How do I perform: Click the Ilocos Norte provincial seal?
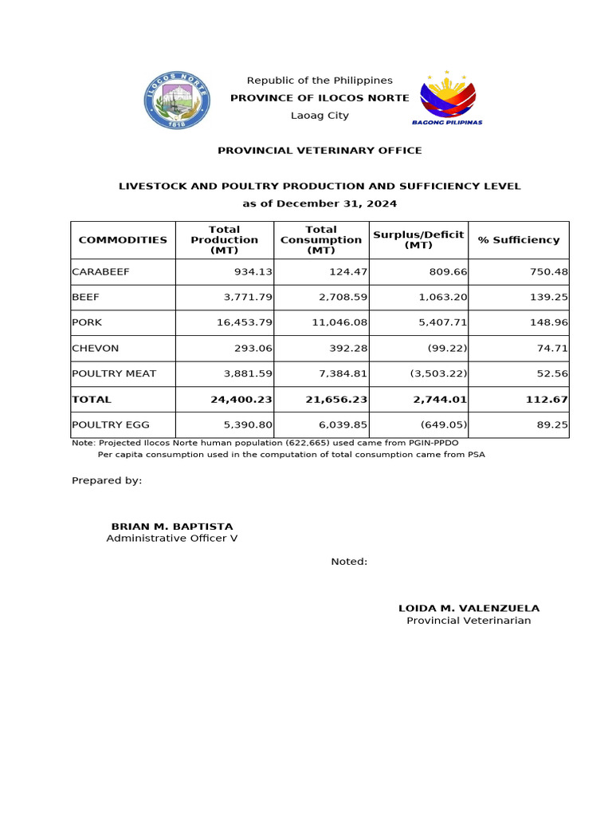pos(177,100)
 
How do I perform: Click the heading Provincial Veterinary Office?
pos(320,151)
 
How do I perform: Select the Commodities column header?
pos(123,240)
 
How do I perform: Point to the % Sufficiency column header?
pos(519,240)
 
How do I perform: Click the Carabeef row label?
pos(100,272)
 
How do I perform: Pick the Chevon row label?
pos(96,349)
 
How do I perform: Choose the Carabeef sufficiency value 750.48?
pos(548,272)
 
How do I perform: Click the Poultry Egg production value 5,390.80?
pos(247,425)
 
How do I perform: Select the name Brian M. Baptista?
pos(172,527)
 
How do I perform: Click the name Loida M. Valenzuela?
pos(469,608)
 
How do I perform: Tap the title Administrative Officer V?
pos(172,539)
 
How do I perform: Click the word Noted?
pos(349,562)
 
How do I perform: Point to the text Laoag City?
pos(320,116)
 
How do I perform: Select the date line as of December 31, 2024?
pos(320,203)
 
